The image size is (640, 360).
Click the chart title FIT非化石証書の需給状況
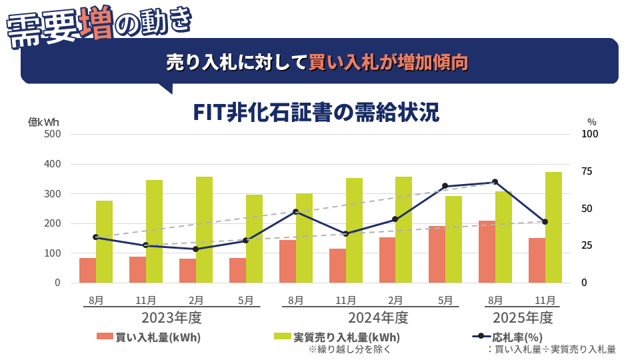[x=316, y=112]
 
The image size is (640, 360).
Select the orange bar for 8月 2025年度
[x=487, y=251]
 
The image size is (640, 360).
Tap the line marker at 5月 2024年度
[x=445, y=186]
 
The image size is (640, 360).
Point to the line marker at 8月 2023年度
[x=96, y=237]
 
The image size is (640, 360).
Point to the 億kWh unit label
[x=43, y=122]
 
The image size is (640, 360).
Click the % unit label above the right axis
[x=591, y=122]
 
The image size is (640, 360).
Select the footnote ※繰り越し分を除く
[x=349, y=349]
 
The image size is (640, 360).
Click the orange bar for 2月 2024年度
[x=387, y=260]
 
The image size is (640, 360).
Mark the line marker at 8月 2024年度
[x=295, y=212]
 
